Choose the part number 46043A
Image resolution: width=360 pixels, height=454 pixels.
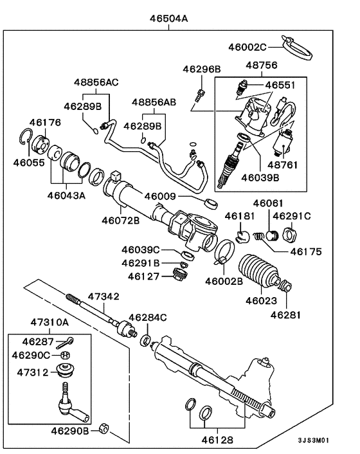[66, 195]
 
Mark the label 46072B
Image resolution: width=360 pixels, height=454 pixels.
[120, 221]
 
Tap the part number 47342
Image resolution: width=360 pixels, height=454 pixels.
[104, 296]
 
